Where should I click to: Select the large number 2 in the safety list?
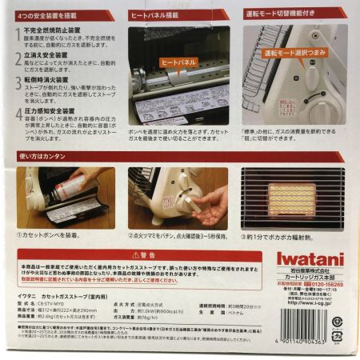tap(18, 58)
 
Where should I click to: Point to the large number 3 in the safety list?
tap(18, 84)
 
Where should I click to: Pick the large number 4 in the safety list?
tap(18, 113)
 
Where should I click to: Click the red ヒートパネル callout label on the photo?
tap(177, 61)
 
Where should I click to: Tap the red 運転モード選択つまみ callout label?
tap(291, 52)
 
